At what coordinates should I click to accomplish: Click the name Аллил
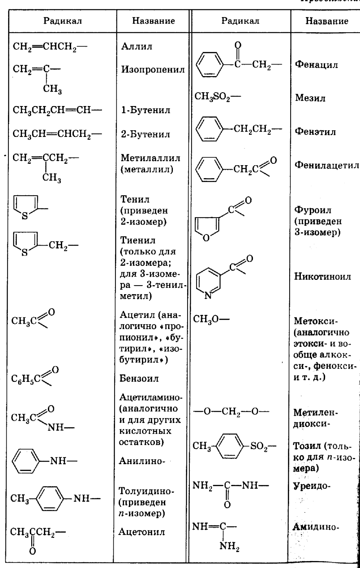(136, 46)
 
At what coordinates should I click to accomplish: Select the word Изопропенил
(153, 69)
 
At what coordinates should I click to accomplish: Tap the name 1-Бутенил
(145, 110)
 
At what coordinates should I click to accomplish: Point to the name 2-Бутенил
(145, 134)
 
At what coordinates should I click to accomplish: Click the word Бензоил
(139, 378)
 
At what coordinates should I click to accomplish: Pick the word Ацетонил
(142, 532)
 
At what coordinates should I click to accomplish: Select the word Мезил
(310, 98)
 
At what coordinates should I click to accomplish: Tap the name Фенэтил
(315, 132)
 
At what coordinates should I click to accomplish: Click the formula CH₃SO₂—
(217, 97)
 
